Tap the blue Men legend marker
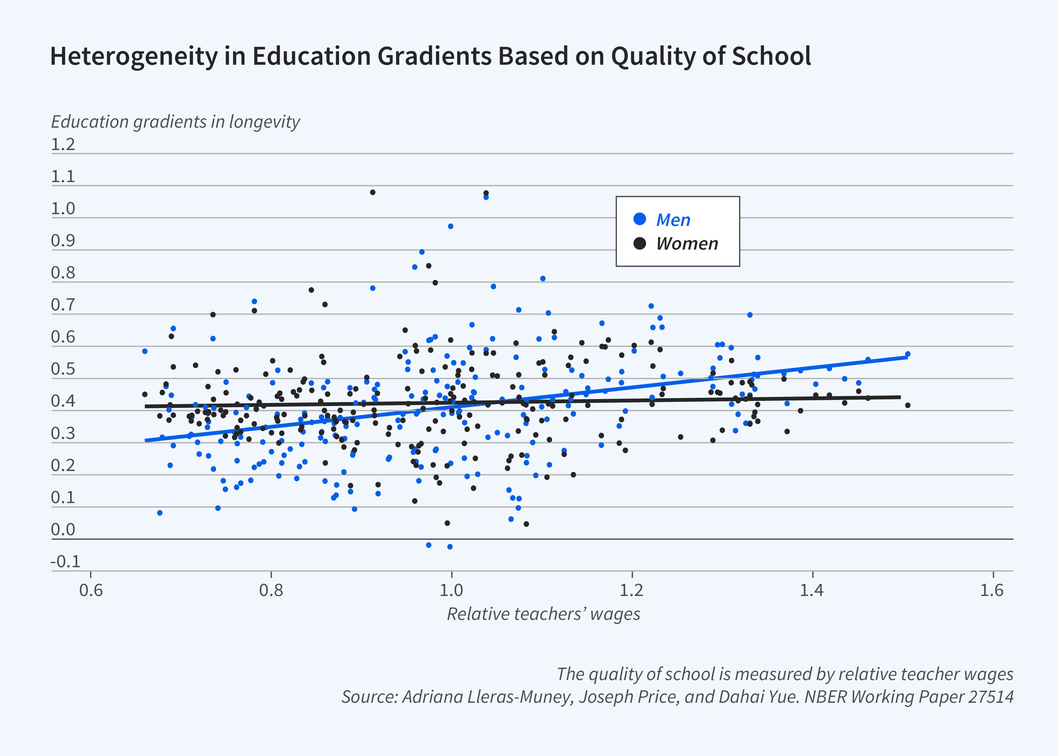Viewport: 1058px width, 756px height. [x=640, y=219]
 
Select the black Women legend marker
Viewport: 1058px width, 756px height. [x=640, y=243]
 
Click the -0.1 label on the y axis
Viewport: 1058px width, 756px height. [x=65, y=562]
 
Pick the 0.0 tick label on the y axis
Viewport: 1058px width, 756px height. [x=63, y=530]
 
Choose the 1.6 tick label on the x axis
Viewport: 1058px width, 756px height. [x=992, y=590]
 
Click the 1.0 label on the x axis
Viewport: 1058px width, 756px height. [x=451, y=590]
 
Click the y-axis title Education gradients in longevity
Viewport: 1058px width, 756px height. [x=175, y=122]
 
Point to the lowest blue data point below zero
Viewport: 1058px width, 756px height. [x=450, y=547]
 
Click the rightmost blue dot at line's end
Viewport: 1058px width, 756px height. [x=907, y=354]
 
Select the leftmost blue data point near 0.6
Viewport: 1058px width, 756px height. [x=145, y=351]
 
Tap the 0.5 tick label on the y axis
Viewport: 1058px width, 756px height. [x=63, y=369]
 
